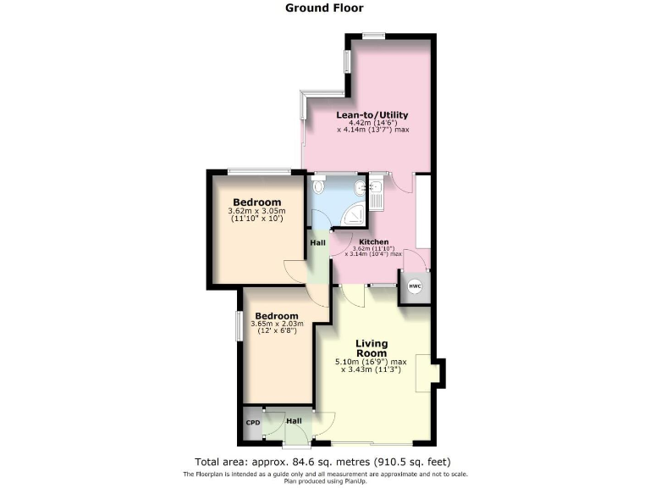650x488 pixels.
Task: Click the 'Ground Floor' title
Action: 325,8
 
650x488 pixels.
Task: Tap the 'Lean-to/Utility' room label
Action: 372,115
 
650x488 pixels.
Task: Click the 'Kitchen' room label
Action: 373,241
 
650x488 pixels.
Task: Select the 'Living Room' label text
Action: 372,348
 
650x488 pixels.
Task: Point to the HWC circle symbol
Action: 415,286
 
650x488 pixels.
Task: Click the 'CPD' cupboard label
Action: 253,422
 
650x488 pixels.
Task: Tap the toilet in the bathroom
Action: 319,186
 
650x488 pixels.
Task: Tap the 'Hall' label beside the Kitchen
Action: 317,243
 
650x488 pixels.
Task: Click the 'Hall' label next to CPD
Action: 293,420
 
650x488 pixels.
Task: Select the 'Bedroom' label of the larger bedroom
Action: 257,202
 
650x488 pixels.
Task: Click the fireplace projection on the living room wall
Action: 438,373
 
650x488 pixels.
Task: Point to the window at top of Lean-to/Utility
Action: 373,36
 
